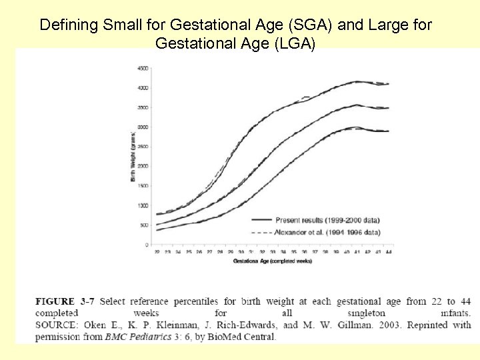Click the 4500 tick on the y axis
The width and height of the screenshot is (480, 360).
click(143, 68)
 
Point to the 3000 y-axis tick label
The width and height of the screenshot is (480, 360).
click(143, 127)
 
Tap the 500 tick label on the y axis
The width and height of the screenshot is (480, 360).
click(144, 225)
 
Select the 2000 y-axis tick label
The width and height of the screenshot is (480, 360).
click(143, 166)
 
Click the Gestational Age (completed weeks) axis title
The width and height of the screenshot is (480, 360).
click(272, 261)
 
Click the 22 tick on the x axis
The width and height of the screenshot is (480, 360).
click(157, 253)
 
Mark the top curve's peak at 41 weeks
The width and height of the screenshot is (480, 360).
click(357, 82)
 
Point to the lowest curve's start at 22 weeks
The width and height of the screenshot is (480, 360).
click(157, 230)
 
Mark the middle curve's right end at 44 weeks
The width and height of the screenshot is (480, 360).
click(388, 108)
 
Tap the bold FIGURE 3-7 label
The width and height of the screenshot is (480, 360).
click(65, 301)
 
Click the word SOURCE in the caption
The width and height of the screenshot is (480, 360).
click(57, 325)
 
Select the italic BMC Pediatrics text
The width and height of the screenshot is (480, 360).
click(139, 336)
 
